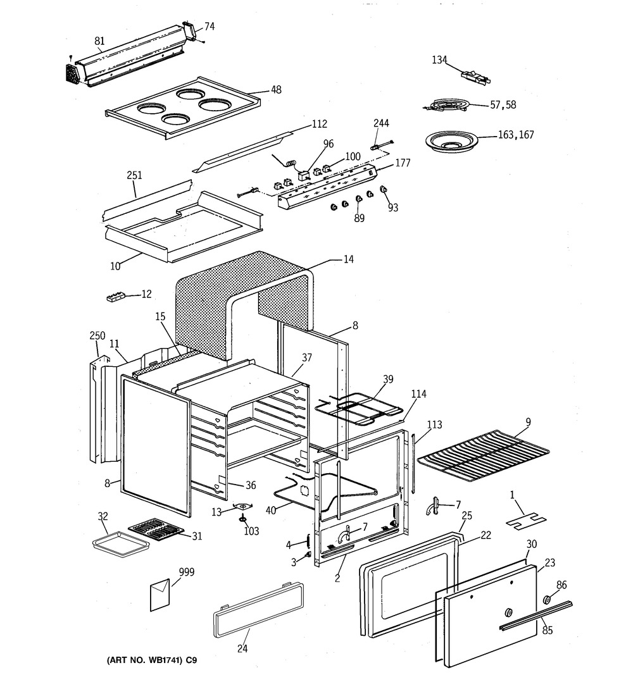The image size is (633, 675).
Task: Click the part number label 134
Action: click(439, 60)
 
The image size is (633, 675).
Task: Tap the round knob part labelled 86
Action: click(546, 600)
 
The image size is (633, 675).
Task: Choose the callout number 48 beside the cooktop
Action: click(276, 90)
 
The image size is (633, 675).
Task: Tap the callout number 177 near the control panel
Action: click(403, 163)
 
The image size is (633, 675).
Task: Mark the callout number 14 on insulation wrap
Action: click(348, 259)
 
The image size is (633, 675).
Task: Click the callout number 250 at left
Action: click(97, 335)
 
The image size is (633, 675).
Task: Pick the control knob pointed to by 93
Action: click(383, 190)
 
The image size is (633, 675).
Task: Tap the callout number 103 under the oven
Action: click(251, 531)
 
